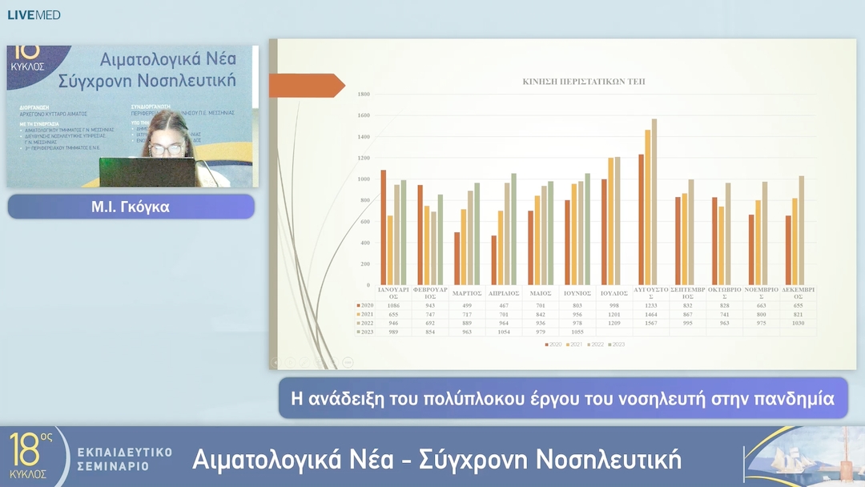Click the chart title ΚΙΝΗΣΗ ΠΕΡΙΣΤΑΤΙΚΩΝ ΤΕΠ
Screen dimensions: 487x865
click(584, 82)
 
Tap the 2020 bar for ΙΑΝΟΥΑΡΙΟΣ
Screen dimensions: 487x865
click(384, 227)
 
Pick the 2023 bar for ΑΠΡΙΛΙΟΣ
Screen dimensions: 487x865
click(513, 229)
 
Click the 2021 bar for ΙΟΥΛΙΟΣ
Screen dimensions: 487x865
click(611, 221)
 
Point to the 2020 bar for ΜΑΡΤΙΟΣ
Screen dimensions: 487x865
click(457, 259)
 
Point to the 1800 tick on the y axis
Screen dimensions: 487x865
click(363, 95)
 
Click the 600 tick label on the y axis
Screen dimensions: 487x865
click(364, 221)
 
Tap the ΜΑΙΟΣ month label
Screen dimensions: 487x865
click(541, 293)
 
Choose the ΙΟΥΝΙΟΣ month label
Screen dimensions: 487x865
click(577, 293)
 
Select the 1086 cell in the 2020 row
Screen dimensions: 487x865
click(393, 305)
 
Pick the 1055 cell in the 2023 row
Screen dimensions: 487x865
click(577, 332)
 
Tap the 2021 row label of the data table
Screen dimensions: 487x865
click(367, 314)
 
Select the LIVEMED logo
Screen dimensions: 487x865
click(34, 15)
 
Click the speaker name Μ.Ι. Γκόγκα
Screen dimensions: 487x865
click(131, 207)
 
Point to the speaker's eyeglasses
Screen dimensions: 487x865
click(165, 149)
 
